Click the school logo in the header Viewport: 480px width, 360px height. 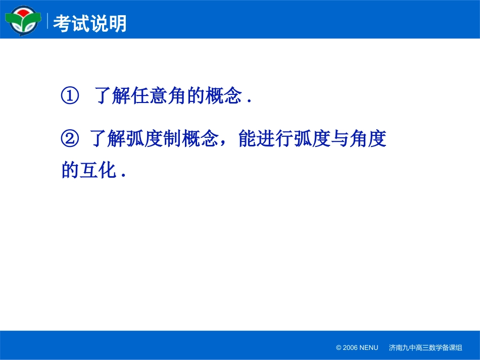tap(23, 20)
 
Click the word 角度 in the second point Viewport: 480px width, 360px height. tap(368, 139)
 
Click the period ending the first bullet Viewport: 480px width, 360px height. tap(249, 101)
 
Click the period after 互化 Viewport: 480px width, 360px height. tap(123, 175)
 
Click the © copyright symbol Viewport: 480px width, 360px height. tap(339, 348)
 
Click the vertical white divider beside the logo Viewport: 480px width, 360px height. tap(48, 21)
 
